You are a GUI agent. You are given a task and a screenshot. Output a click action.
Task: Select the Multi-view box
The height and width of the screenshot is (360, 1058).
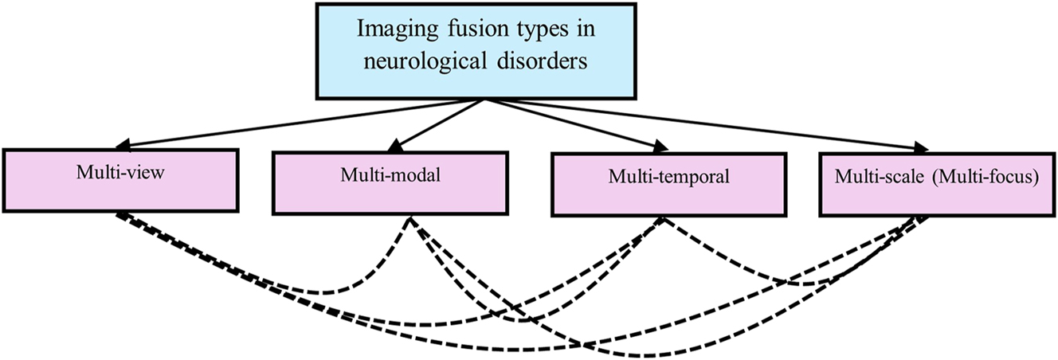tap(122, 180)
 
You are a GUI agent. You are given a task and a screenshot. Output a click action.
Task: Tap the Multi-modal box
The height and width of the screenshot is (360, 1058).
tap(390, 183)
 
